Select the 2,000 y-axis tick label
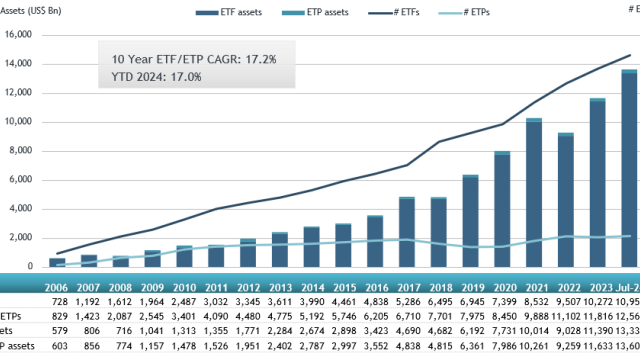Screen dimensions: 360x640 [x=23, y=238]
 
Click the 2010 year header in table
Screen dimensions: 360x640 [x=184, y=285]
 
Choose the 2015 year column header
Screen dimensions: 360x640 [x=343, y=285]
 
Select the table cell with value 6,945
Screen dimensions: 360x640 [x=470, y=301]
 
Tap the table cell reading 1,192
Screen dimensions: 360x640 [x=89, y=301]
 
